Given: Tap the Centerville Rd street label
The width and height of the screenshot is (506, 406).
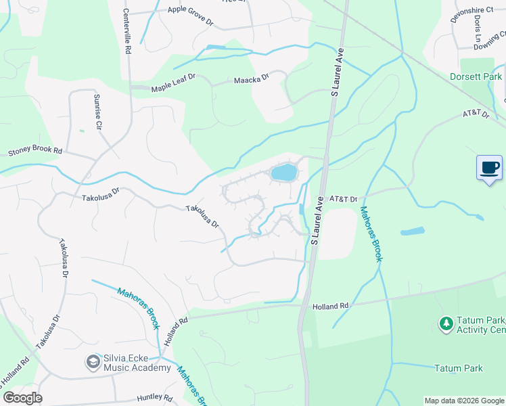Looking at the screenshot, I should (127, 30).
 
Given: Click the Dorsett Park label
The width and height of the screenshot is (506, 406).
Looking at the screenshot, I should (476, 77).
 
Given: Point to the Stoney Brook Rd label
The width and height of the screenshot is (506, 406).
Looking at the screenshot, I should (34, 152).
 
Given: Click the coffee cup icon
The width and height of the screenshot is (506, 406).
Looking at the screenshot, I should (489, 167).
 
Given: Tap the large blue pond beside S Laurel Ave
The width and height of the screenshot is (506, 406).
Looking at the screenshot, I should (284, 173).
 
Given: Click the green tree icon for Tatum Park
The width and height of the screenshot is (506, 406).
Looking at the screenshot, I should (446, 324).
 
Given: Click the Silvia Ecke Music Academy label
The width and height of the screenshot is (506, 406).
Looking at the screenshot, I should (137, 363).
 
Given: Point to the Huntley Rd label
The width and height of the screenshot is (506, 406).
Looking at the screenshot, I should (155, 399).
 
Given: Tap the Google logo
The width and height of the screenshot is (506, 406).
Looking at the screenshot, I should (22, 398).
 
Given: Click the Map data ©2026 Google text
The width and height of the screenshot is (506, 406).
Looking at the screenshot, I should (463, 401).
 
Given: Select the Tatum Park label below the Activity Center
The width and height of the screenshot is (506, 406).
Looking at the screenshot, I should (459, 368).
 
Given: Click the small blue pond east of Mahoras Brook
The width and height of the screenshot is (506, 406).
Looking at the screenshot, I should (413, 231).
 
